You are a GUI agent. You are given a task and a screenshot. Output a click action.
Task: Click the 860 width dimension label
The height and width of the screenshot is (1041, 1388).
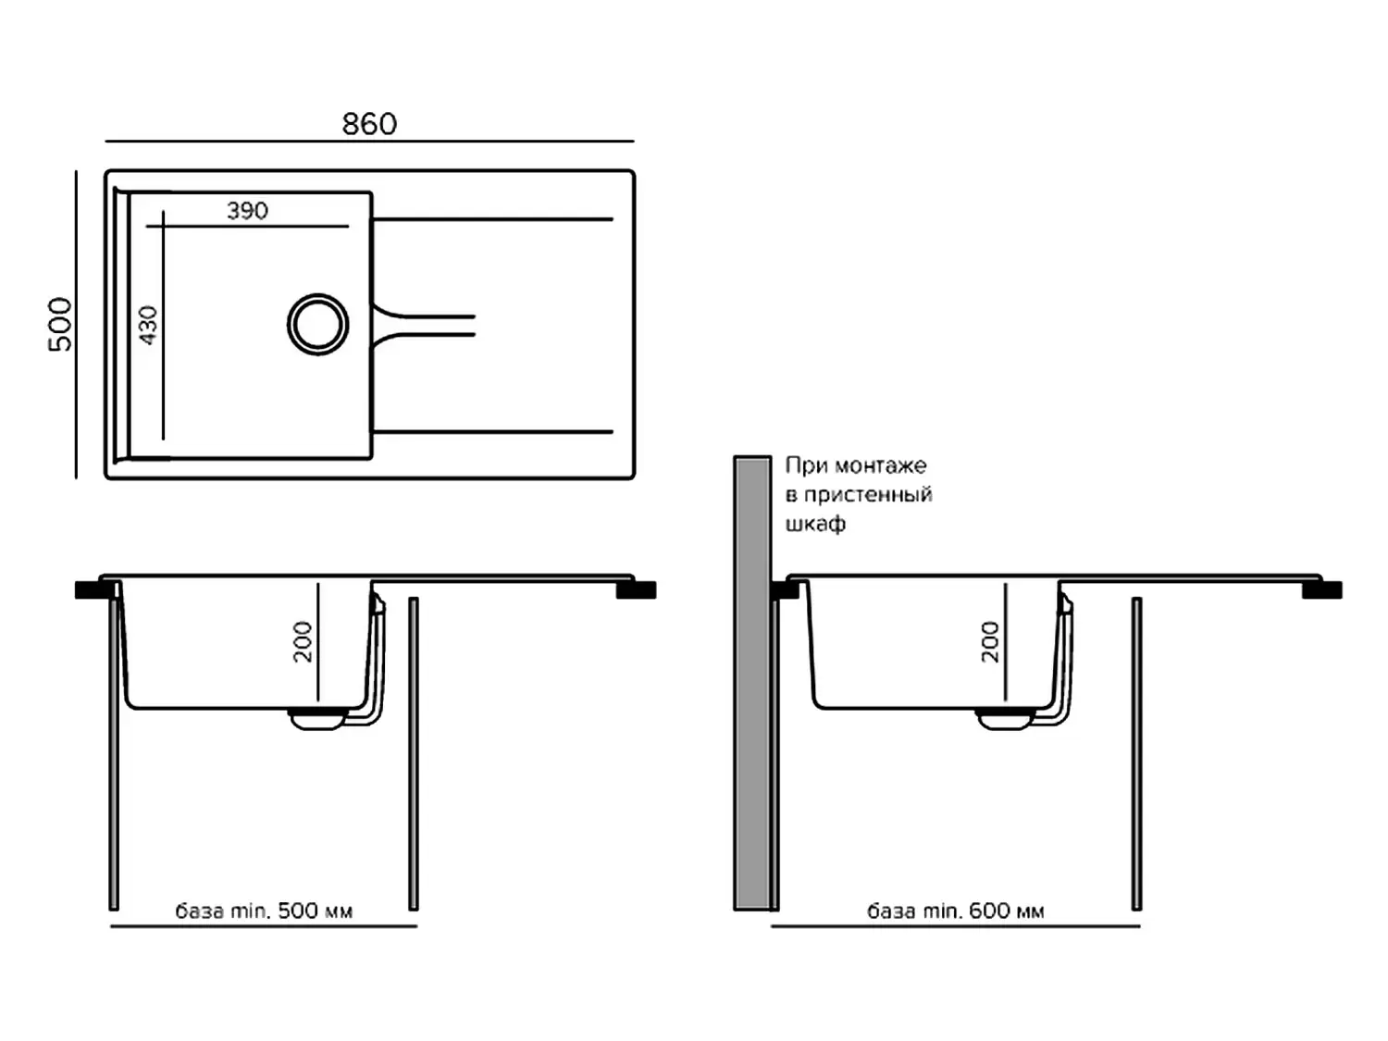(369, 124)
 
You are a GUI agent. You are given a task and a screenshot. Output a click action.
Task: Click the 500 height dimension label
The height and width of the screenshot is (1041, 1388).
(61, 324)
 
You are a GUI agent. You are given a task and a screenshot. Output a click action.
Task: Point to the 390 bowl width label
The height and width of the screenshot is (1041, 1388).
(248, 210)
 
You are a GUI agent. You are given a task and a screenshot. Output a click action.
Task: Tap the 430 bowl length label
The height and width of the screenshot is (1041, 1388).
(148, 325)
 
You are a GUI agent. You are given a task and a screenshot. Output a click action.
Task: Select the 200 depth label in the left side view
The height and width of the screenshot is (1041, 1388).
(303, 641)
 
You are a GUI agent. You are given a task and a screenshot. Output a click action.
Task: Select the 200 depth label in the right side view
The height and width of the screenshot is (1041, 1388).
(990, 641)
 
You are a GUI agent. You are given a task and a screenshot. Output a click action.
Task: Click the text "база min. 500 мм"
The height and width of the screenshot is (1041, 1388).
(264, 911)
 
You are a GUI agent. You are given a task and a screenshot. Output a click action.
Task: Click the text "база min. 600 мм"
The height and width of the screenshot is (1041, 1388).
(956, 911)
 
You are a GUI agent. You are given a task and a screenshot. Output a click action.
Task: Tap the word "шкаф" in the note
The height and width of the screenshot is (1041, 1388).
(816, 524)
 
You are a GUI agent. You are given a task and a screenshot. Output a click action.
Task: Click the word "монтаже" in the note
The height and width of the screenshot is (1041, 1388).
(881, 465)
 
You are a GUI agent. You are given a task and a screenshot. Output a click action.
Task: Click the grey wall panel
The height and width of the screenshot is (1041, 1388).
(752, 683)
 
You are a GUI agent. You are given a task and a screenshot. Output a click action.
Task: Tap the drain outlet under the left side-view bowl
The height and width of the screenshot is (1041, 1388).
(317, 719)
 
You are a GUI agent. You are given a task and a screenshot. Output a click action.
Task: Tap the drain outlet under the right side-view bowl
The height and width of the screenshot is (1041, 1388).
(1005, 719)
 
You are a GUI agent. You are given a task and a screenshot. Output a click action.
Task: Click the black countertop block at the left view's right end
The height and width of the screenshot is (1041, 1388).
(636, 589)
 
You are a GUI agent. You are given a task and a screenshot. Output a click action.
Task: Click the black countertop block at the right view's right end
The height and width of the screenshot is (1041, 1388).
(1322, 589)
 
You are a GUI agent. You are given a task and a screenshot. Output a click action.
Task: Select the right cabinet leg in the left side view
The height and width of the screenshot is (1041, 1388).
(414, 754)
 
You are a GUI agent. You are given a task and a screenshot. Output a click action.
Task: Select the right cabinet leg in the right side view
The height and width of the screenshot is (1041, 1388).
(1136, 754)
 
